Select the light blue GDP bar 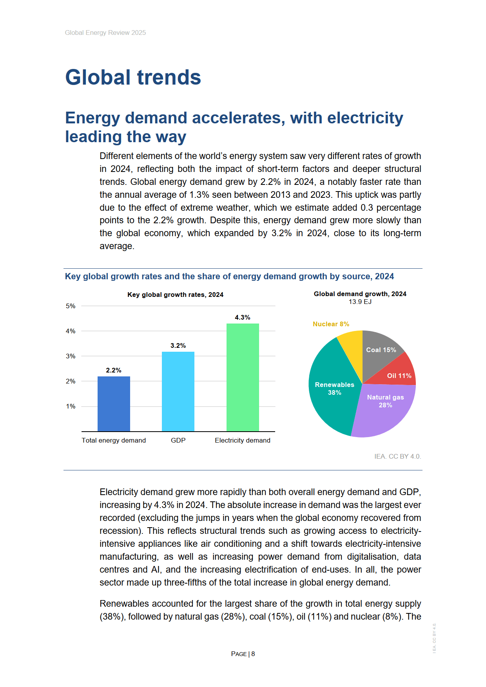coord(178,391)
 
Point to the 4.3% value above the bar coord(243,317)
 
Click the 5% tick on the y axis coord(71,306)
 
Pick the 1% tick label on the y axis coord(71,406)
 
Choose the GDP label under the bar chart coord(178,440)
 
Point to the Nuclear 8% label coord(331,324)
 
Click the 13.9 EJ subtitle coord(360,302)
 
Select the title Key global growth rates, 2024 coord(175,295)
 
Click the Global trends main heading coord(133,77)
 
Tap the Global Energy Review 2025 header coord(105,33)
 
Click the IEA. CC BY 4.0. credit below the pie coord(397,456)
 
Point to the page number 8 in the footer coord(253,654)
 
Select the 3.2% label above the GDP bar coord(178,345)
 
